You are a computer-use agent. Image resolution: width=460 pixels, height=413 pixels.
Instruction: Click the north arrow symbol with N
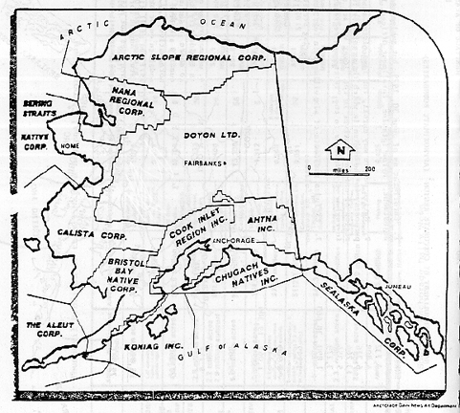click(337, 150)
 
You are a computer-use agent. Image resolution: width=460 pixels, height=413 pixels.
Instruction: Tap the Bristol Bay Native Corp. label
click(127, 278)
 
